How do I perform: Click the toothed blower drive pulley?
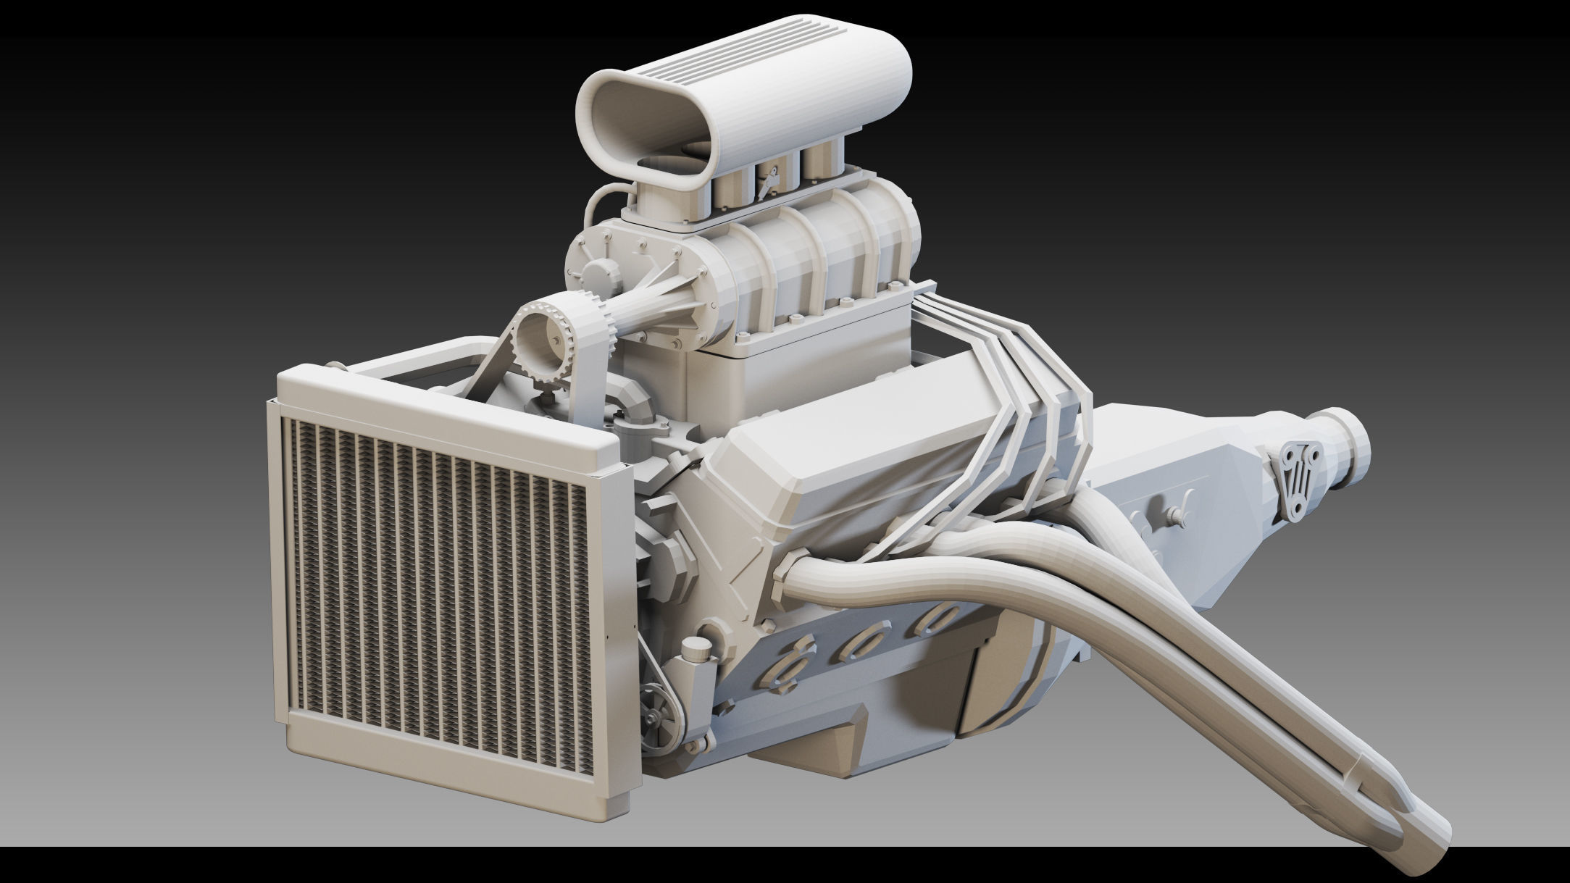[x=545, y=341]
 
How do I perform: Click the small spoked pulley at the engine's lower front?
[x=659, y=716]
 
